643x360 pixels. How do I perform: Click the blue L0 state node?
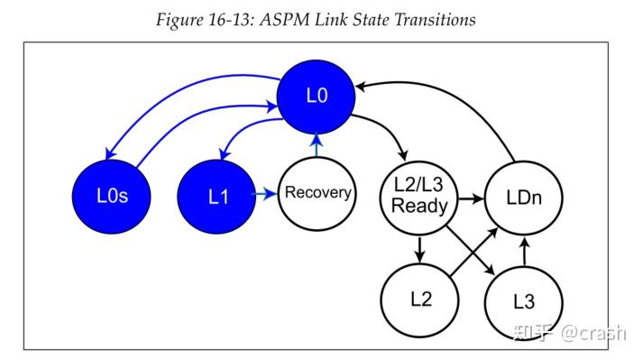click(315, 96)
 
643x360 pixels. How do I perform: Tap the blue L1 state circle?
click(218, 195)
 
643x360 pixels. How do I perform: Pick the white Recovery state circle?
click(317, 193)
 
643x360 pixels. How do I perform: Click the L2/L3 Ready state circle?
click(421, 196)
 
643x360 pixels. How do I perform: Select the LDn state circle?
click(522, 196)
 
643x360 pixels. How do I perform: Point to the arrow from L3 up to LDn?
click(524, 250)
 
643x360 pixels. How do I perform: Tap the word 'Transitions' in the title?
click(428, 19)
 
